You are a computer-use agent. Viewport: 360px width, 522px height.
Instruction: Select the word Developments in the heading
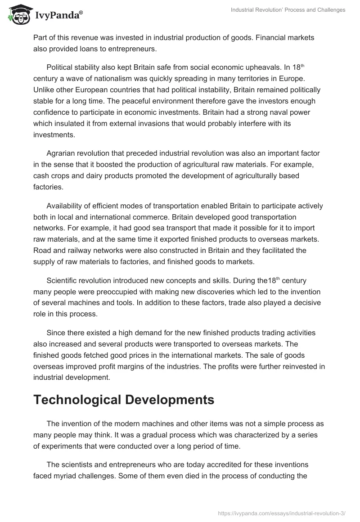(x=171, y=400)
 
